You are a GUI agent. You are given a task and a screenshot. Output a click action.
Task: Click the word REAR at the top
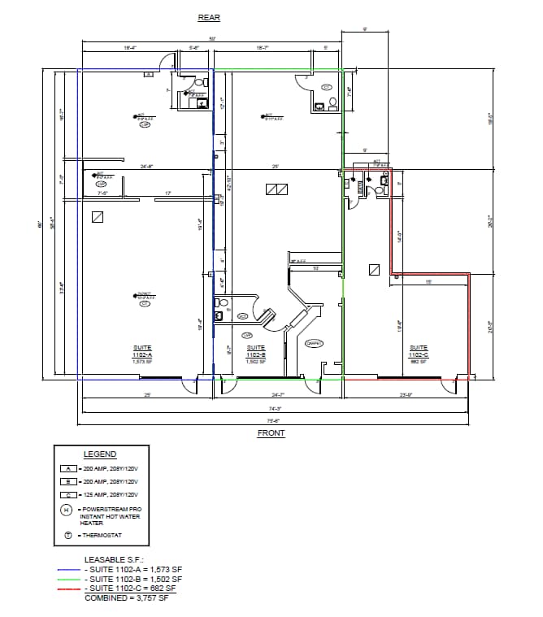pyautogui.click(x=209, y=18)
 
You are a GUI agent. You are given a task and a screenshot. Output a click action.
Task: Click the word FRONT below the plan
pyautogui.click(x=271, y=433)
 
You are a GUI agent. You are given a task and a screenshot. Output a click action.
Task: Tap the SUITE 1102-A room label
pyautogui.click(x=141, y=355)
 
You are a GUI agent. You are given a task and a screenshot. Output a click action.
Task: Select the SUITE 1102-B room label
pyautogui.click(x=256, y=355)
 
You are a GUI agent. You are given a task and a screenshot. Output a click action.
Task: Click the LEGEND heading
pyautogui.click(x=100, y=454)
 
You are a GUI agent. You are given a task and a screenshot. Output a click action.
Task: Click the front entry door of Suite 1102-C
pyautogui.click(x=447, y=385)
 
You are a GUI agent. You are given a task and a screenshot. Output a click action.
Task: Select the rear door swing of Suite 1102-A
pyautogui.click(x=167, y=62)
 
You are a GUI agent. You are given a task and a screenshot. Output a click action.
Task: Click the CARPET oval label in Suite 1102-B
pyautogui.click(x=314, y=343)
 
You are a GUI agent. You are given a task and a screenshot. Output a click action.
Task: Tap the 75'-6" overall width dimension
pyautogui.click(x=274, y=420)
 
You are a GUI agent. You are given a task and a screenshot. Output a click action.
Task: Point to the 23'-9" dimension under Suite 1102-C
pyautogui.click(x=406, y=395)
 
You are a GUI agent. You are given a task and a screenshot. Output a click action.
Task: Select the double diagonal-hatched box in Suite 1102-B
pyautogui.click(x=277, y=190)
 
